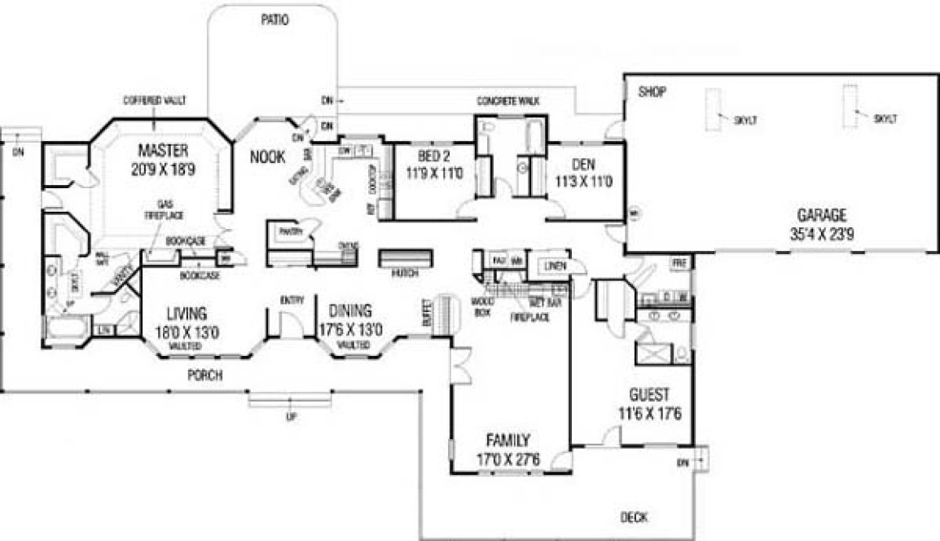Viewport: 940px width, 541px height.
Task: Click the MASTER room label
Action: (x=163, y=150)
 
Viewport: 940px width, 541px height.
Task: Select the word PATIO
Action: (x=275, y=19)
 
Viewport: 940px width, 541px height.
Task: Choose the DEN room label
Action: (x=582, y=165)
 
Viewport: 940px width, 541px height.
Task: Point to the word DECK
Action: (x=634, y=517)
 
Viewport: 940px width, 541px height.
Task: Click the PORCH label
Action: (x=204, y=376)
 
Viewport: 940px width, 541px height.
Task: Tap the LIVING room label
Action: (x=187, y=312)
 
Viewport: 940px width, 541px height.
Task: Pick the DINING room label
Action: (x=350, y=310)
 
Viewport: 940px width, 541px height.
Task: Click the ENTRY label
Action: (x=292, y=300)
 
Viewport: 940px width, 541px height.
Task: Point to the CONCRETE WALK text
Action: (x=508, y=101)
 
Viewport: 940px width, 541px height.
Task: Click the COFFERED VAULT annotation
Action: (x=155, y=101)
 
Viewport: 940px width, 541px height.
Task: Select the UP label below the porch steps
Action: (x=291, y=418)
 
